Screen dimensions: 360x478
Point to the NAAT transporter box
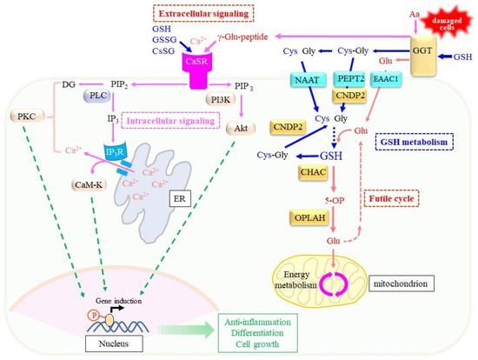[x=306, y=81]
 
